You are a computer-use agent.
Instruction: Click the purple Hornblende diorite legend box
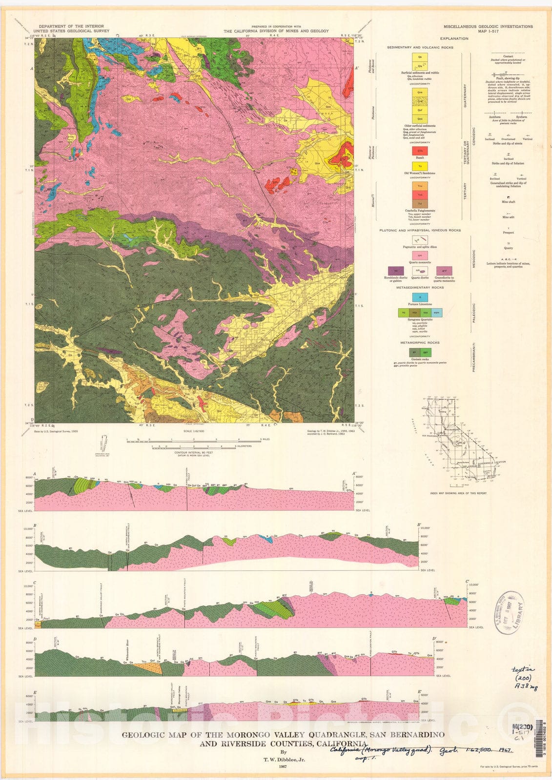[x=396, y=270]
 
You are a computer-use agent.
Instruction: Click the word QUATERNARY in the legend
[x=465, y=96]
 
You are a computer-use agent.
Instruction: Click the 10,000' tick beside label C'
[x=475, y=586]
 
